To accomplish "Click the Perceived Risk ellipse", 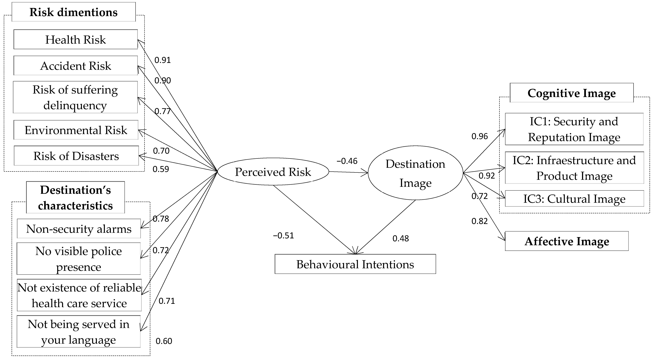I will coord(273,172).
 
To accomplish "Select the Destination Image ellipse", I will coord(415,173).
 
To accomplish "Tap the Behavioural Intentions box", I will coord(355,264).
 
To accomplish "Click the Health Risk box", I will coord(75,39).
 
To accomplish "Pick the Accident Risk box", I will coord(75,66).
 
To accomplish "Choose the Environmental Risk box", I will coord(76,130).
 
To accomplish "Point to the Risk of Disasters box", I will coord(76,156).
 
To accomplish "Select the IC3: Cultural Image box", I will coord(574,199).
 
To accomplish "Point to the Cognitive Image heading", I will coord(572,93).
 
